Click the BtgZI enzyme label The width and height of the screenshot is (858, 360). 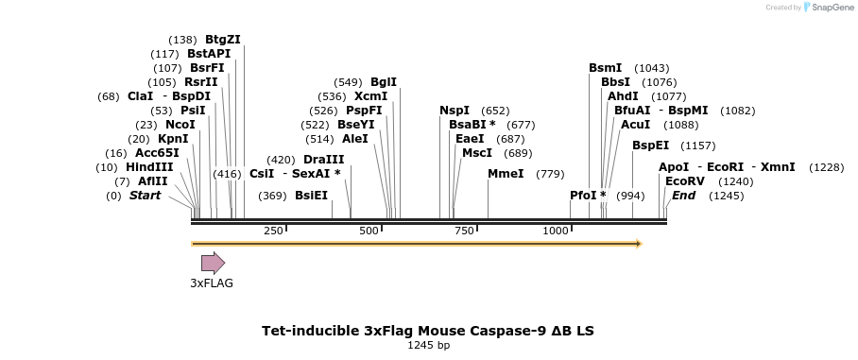tap(223, 40)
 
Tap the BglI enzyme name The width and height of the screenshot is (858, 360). tap(384, 82)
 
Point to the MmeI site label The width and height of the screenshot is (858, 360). tap(506, 174)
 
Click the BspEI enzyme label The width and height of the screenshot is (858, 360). tap(650, 146)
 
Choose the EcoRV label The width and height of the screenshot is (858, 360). tap(685, 181)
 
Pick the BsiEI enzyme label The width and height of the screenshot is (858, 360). tap(311, 196)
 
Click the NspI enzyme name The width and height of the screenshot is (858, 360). tap(455, 111)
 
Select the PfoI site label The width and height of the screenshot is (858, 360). tap(588, 196)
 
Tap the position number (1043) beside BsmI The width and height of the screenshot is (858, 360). tap(652, 68)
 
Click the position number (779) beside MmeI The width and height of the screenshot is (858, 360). tap(550, 174)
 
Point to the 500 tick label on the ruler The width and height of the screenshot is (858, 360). tap(369, 231)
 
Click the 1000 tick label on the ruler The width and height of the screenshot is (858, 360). tap(556, 231)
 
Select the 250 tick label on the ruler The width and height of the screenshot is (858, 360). tap(273, 231)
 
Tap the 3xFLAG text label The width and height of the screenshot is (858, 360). tap(212, 283)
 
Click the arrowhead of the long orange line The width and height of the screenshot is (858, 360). tap(638, 244)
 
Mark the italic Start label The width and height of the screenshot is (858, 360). tap(145, 196)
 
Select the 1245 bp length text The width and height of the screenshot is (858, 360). tap(428, 346)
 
